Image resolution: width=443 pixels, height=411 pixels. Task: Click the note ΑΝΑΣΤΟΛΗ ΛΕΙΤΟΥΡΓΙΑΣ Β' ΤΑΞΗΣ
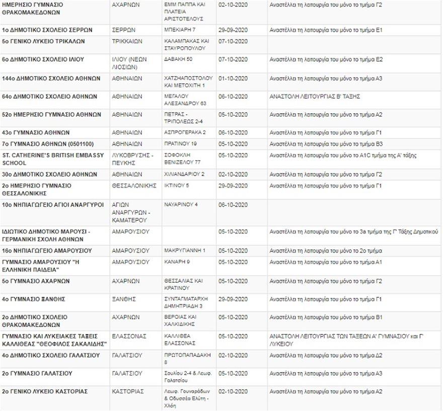[315, 97]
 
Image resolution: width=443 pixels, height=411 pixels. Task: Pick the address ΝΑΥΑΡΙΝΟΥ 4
[181, 204]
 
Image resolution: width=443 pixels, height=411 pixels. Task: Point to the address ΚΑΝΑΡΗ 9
[177, 262]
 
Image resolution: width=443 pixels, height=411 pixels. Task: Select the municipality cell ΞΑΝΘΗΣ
[124, 299]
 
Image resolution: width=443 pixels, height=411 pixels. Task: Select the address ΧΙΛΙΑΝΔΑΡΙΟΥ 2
[184, 175]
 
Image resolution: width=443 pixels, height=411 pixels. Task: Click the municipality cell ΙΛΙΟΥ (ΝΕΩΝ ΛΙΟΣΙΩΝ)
[129, 63]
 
